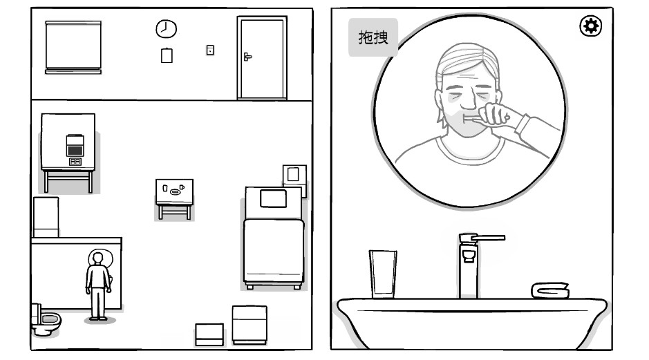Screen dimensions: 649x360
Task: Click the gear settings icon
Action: click(591, 26)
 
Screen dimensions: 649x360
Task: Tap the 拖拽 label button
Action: click(373, 37)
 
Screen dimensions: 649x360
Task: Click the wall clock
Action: click(167, 29)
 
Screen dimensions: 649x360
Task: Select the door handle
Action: click(247, 57)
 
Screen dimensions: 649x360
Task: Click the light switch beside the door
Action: click(210, 50)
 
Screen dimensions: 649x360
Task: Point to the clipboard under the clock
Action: click(167, 55)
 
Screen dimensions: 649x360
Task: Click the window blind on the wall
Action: click(73, 47)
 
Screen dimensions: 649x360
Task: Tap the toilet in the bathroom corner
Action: click(46, 320)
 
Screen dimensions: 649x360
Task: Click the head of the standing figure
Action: click(97, 258)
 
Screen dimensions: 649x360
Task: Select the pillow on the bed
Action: click(273, 198)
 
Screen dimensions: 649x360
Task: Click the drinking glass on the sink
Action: click(383, 274)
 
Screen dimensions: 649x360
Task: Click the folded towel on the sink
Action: click(550, 290)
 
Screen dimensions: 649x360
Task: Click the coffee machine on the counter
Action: click(75, 149)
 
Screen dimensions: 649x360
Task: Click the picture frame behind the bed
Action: click(294, 176)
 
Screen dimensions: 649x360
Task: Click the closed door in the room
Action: click(262, 58)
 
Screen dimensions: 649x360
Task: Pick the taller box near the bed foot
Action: click(250, 325)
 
